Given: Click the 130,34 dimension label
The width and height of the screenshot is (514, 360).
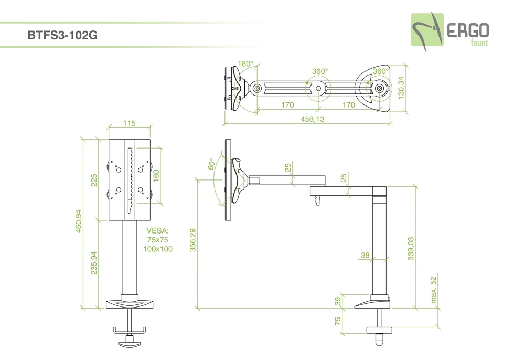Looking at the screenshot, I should (x=401, y=88).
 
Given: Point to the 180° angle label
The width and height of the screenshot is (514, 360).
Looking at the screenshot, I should (x=245, y=64).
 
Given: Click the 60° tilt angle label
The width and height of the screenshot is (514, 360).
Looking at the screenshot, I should (x=211, y=165).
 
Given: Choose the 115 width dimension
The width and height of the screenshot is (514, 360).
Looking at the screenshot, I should (x=129, y=123).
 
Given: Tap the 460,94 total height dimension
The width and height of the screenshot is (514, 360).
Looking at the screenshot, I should (x=79, y=221).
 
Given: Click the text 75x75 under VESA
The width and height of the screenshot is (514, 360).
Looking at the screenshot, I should (x=157, y=239).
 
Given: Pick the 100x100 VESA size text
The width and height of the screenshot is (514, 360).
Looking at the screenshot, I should (x=157, y=249).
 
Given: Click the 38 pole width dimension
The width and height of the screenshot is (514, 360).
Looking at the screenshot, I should (x=365, y=256).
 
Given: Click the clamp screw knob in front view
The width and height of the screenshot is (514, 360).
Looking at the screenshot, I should (x=128, y=344).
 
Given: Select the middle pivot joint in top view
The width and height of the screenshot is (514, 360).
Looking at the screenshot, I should (x=318, y=88).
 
